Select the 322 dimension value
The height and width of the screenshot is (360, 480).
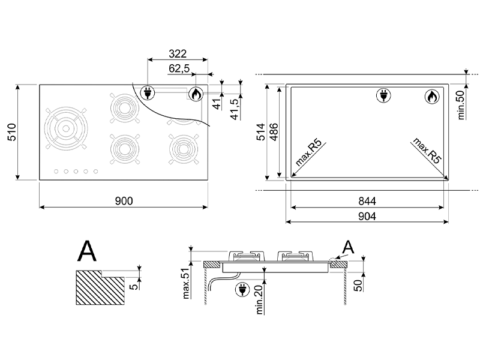click(x=178, y=53)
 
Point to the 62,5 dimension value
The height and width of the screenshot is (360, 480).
click(x=179, y=69)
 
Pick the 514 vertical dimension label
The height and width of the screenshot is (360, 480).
click(x=260, y=136)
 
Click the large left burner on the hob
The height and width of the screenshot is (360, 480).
click(x=65, y=129)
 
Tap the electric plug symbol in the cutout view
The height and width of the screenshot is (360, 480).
click(x=382, y=95)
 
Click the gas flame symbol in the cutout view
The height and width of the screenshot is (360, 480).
click(x=431, y=96)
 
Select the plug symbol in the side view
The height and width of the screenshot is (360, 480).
click(x=243, y=290)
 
